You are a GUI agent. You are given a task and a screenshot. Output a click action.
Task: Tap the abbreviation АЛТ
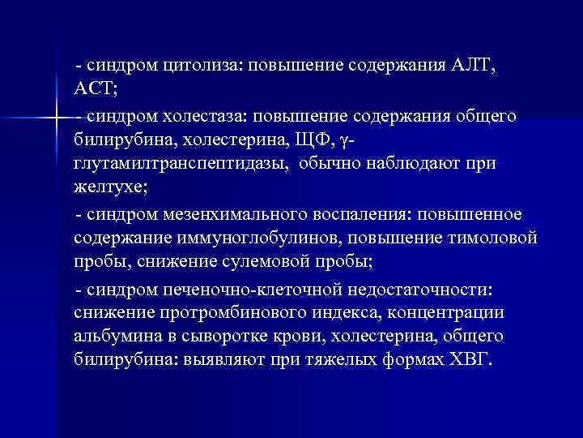click(472, 65)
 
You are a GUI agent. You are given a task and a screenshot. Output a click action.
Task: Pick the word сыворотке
click(227, 337)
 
